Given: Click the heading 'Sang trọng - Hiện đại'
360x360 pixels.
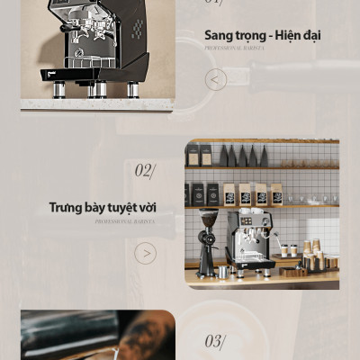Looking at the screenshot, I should pyautogui.click(x=262, y=36).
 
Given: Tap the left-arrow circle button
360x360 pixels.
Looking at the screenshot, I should pyautogui.click(x=216, y=80).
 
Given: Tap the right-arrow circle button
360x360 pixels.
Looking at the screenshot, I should pyautogui.click(x=146, y=253).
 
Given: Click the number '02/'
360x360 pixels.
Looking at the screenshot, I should pyautogui.click(x=144, y=170).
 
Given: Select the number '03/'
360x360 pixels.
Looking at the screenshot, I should pyautogui.click(x=214, y=341).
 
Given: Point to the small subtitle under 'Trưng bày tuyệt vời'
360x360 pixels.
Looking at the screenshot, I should pyautogui.click(x=124, y=220).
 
